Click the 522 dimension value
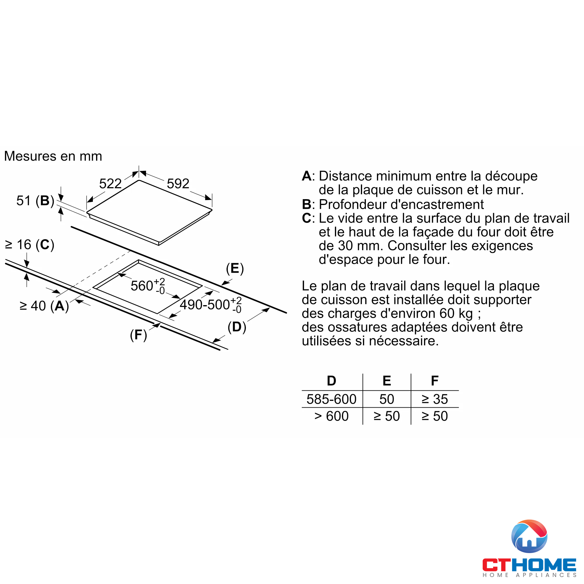click(110, 183)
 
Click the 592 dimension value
click(178, 183)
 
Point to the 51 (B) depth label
click(35, 201)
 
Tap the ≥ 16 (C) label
click(29, 244)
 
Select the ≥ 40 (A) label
click(44, 306)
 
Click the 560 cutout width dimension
click(147, 286)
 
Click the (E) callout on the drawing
click(235, 268)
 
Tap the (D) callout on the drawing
click(237, 327)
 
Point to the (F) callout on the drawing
click(138, 335)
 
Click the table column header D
click(332, 381)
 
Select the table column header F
click(435, 381)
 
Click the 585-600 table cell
click(332, 399)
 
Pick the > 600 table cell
click(332, 416)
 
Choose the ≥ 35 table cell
click(435, 399)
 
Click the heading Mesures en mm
click(53, 156)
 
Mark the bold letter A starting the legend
click(307, 176)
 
